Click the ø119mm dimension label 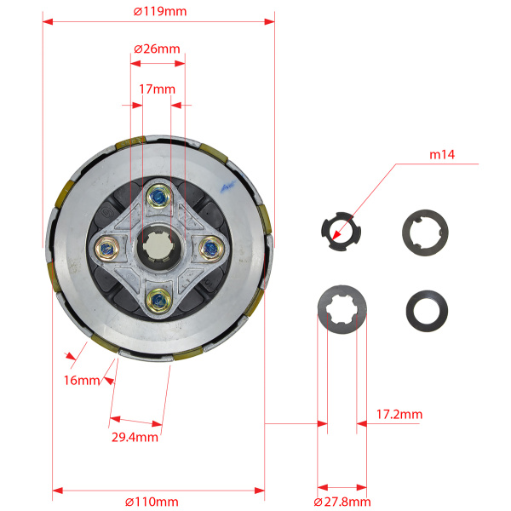tap(160, 11)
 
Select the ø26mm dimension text tap(157, 49)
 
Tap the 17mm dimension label tap(157, 89)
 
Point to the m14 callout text tap(442, 154)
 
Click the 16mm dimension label tap(82, 381)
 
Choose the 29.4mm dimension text tap(135, 438)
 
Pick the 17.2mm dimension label tap(399, 415)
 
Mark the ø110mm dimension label tap(152, 502)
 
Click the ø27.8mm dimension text tap(342, 502)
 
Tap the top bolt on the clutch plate tap(159, 196)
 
